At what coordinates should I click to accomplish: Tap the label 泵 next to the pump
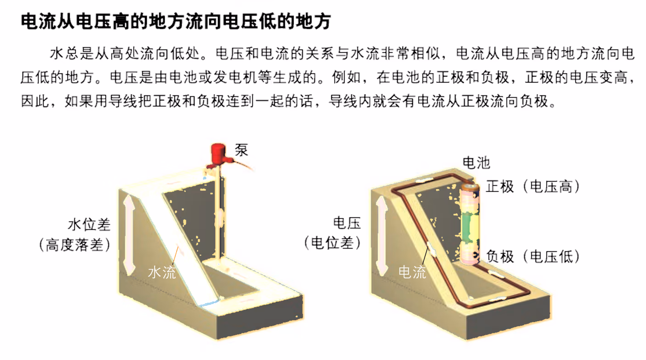[x=241, y=150]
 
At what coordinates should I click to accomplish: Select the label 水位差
[x=89, y=225]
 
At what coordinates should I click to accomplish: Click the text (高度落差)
[x=75, y=245]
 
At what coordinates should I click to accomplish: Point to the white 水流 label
[x=161, y=272]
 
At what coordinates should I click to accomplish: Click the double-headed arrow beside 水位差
[x=129, y=235]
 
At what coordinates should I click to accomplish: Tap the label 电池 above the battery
[x=476, y=163]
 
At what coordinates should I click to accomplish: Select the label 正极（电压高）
[x=533, y=187]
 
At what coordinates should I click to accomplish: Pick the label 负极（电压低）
[x=533, y=256]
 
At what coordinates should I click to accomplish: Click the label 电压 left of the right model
[x=347, y=223]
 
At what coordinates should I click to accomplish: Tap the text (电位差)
[x=333, y=243]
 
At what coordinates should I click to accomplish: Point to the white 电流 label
[x=412, y=272]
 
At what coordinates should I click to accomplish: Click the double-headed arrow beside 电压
[x=382, y=235]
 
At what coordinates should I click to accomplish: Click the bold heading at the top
[x=176, y=21]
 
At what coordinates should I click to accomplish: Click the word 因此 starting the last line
[x=35, y=101]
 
